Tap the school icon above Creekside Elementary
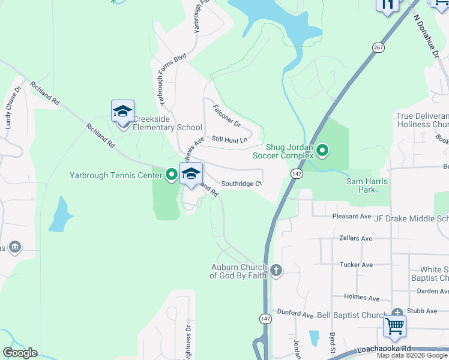coord(122,112)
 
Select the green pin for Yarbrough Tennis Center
coord(172,175)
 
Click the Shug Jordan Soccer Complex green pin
coord(322,150)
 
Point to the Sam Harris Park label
coord(367,185)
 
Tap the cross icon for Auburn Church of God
coord(276,270)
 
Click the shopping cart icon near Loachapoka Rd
coord(394,326)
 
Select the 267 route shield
coord(378,47)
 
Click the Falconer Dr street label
coord(227,116)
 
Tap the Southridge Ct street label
coord(242,184)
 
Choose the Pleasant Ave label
coord(352,216)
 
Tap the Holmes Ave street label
coord(361,297)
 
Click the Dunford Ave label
coord(295,314)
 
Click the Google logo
coord(20,353)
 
